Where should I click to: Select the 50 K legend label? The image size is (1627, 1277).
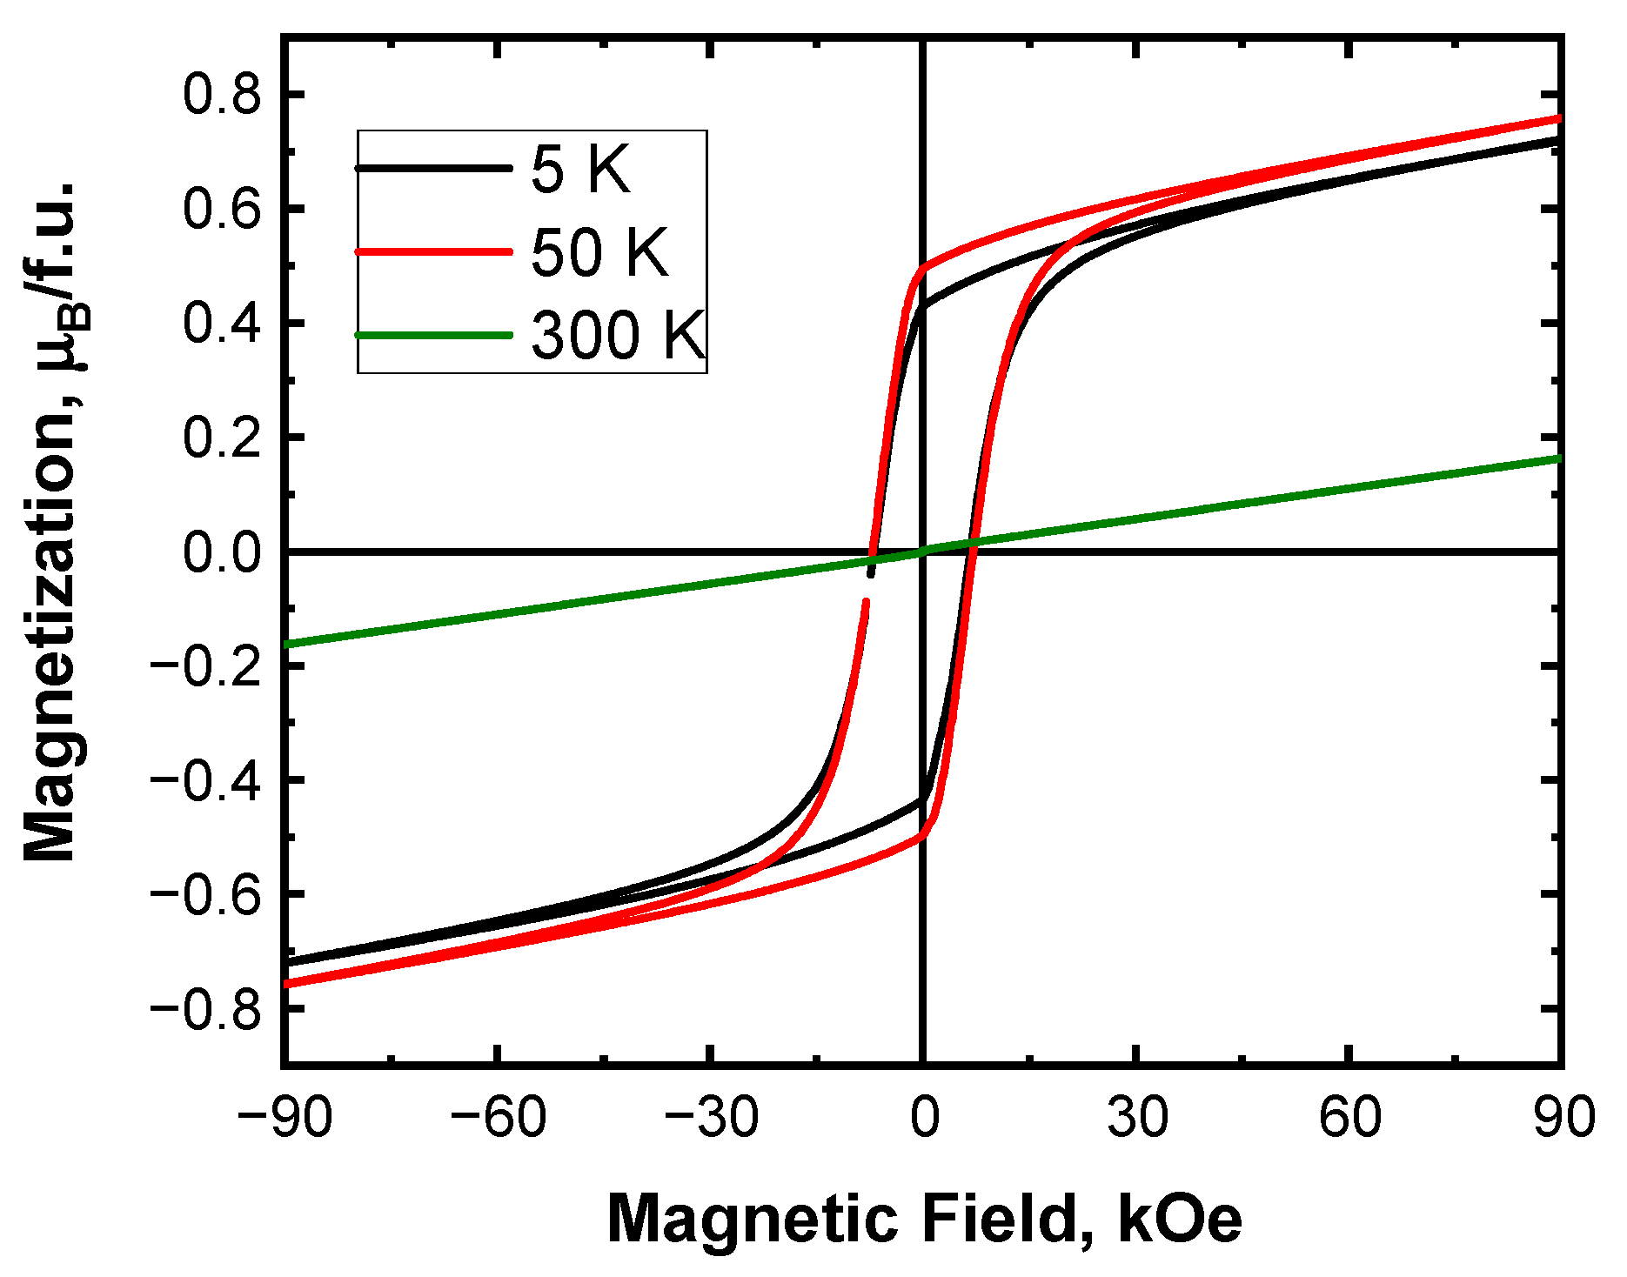click(x=599, y=253)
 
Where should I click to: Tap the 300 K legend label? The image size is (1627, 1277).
click(x=618, y=336)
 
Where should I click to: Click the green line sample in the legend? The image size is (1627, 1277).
click(x=433, y=336)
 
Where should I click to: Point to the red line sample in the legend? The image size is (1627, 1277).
click(x=433, y=252)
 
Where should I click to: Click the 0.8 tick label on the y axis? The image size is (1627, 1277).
click(x=221, y=94)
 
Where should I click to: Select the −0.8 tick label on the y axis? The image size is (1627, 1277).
click(x=205, y=1008)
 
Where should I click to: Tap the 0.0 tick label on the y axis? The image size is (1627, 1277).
click(x=221, y=552)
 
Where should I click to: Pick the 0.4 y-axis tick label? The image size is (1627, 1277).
click(x=221, y=323)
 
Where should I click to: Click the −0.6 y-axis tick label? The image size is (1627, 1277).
click(x=205, y=894)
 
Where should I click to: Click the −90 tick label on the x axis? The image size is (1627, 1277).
click(x=285, y=1117)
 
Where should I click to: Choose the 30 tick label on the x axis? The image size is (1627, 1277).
click(x=1136, y=1117)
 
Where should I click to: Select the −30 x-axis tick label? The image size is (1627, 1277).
click(x=710, y=1117)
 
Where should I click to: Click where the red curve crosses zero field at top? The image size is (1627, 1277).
click(x=922, y=267)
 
